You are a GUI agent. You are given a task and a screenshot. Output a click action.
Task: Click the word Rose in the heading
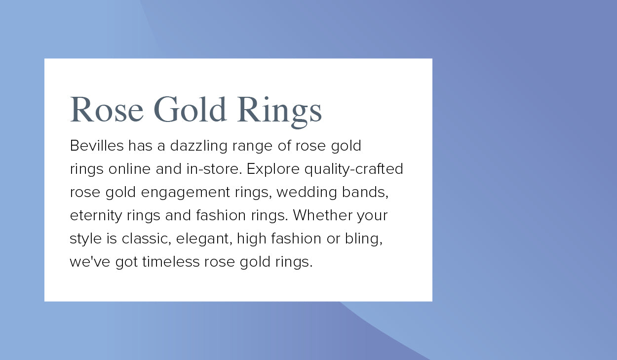107,110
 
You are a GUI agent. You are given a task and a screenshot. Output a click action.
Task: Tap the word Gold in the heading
190,109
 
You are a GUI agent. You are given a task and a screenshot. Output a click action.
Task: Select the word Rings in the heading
279,112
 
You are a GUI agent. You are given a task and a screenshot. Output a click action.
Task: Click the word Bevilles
97,146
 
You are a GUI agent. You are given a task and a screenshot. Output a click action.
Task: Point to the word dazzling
198,146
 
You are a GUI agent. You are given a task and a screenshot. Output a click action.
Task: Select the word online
129,169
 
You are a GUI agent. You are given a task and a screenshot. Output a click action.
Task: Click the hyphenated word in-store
214,169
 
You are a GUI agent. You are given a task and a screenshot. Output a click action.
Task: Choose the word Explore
273,169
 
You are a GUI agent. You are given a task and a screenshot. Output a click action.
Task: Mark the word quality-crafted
354,169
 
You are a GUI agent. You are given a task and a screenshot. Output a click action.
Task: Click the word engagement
186,193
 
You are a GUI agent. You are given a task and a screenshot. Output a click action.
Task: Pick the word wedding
307,193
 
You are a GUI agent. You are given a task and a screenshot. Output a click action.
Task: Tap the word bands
365,192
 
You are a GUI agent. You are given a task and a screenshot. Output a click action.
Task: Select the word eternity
96,216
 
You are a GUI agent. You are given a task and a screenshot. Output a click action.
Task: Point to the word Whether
322,215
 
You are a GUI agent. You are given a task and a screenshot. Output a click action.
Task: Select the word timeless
171,262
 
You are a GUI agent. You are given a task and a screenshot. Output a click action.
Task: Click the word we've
90,262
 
